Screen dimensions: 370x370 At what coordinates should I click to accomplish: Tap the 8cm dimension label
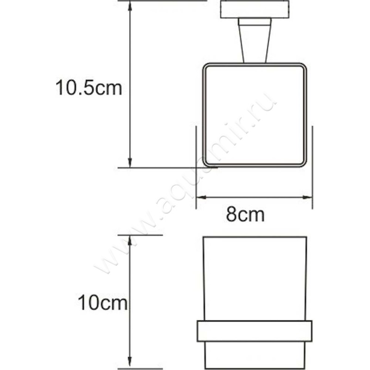tap(245, 215)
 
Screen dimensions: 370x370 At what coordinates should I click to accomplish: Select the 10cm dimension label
tap(102, 303)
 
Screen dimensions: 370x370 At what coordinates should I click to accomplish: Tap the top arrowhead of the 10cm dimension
tap(130, 240)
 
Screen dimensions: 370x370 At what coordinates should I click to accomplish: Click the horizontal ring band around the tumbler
tap(254, 331)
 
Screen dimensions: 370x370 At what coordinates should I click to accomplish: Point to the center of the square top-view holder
tap(255, 114)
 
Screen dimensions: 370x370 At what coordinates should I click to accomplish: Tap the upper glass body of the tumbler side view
tap(255, 277)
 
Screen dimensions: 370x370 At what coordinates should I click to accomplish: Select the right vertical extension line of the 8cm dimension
tap(313, 166)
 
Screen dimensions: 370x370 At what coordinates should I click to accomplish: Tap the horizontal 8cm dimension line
tap(254, 197)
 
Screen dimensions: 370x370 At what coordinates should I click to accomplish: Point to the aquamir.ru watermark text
tap(185, 185)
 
